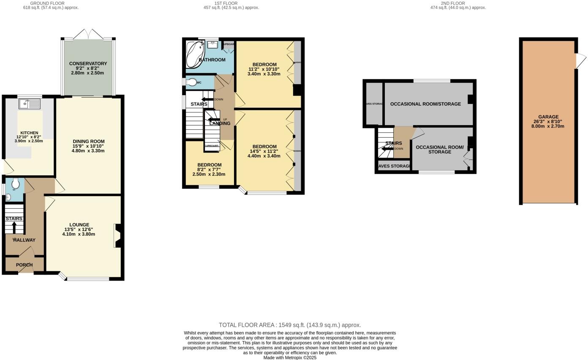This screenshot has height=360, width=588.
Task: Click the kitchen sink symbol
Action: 30,104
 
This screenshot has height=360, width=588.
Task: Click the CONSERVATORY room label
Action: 88,64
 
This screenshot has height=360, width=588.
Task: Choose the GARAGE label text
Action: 548,117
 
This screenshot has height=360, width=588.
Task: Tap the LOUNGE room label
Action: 79,225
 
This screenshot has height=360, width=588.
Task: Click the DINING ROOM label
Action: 88,142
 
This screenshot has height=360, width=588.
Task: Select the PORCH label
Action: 24,265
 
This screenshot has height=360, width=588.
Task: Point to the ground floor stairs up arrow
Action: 14,227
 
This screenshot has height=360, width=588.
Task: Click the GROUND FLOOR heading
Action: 47,3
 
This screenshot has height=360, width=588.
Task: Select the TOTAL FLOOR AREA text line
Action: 290,325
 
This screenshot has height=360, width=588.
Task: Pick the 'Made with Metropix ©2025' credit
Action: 290,357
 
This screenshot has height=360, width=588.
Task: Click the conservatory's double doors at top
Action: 88,34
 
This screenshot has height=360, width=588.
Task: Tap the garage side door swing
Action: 580,61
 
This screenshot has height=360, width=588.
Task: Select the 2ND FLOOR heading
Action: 453,3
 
